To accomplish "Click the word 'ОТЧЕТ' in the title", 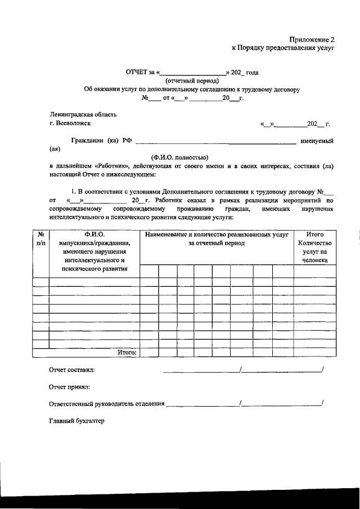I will [137, 73].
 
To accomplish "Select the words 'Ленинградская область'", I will [83, 115].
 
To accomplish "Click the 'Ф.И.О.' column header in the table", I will [94, 233].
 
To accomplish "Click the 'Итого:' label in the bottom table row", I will [128, 352].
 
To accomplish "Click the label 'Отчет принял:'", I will [69, 387].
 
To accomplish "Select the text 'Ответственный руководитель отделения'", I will [107, 403].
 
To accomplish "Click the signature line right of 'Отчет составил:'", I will [201, 371].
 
